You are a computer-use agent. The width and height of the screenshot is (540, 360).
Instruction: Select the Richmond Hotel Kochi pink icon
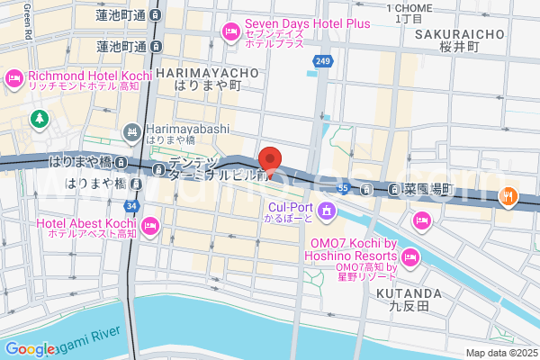[15, 79]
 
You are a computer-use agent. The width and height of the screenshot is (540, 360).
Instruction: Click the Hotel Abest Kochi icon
[149, 223]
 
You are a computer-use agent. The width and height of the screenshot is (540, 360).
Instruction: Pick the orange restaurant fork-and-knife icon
[508, 193]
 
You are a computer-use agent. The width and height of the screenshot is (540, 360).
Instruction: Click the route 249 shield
[322, 60]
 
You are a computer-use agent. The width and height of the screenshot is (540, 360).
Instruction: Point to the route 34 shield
[133, 207]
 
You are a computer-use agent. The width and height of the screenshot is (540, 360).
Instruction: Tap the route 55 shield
[343, 188]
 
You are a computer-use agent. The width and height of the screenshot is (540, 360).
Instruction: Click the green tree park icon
[40, 118]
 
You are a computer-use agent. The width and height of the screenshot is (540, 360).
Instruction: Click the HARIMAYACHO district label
[207, 71]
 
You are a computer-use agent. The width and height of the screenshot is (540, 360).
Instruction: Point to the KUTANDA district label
[409, 293]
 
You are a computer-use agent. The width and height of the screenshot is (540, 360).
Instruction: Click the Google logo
[31, 349]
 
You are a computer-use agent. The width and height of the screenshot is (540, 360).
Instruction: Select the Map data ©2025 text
[500, 353]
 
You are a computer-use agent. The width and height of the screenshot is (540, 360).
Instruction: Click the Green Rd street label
[28, 19]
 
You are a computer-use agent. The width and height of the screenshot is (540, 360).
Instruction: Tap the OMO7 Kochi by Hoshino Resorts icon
[410, 258]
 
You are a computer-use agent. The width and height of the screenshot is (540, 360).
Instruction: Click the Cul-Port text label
[289, 205]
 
